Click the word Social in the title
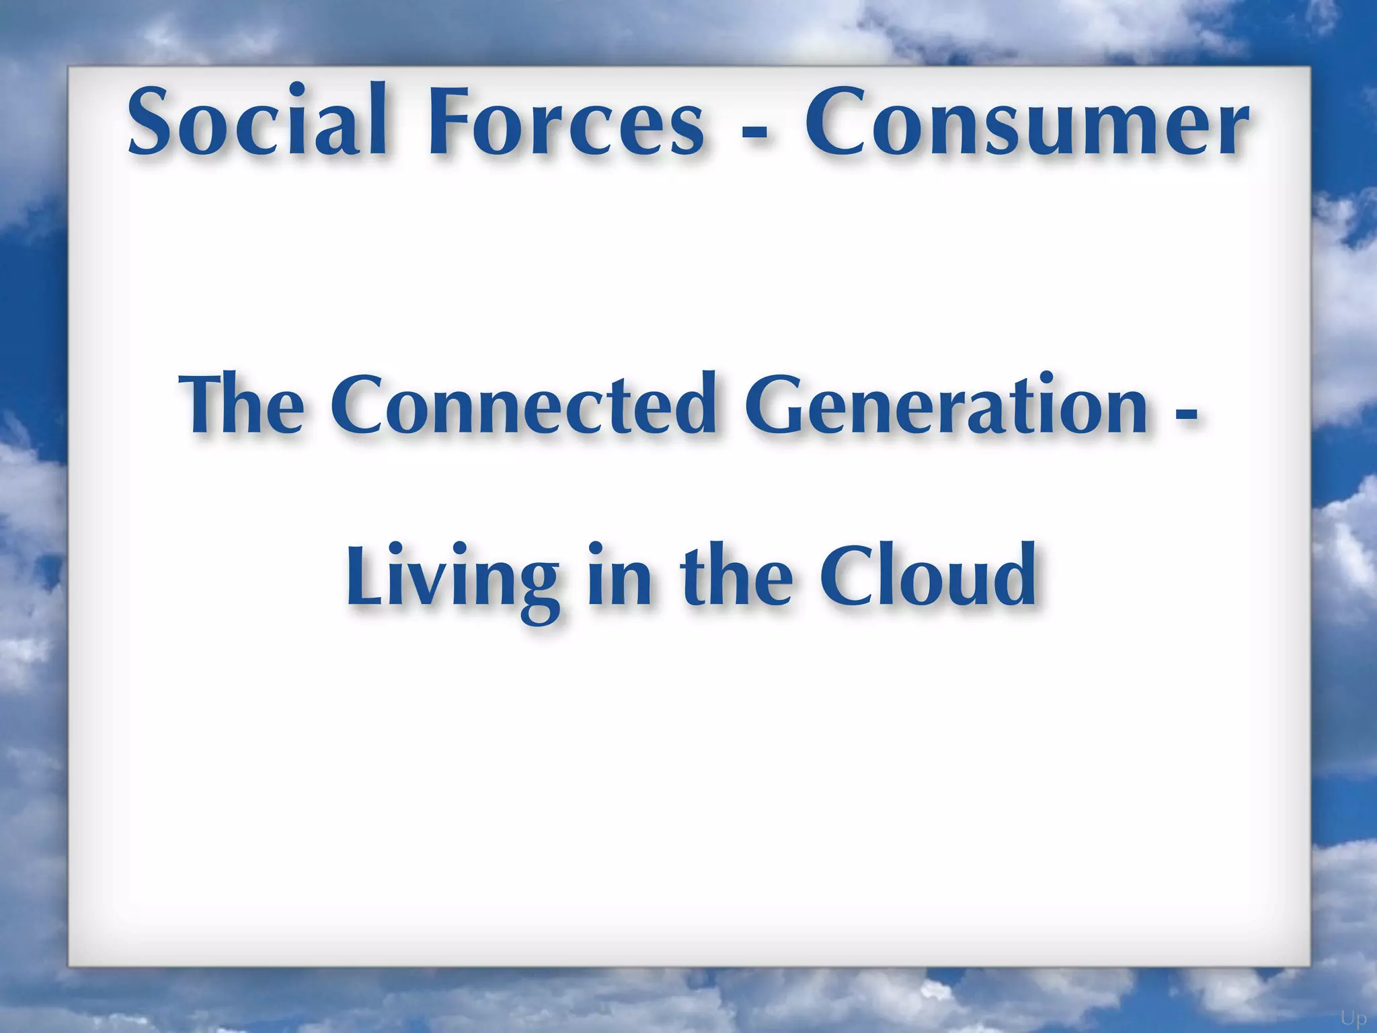[x=257, y=120]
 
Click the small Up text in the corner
[x=1353, y=1018]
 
